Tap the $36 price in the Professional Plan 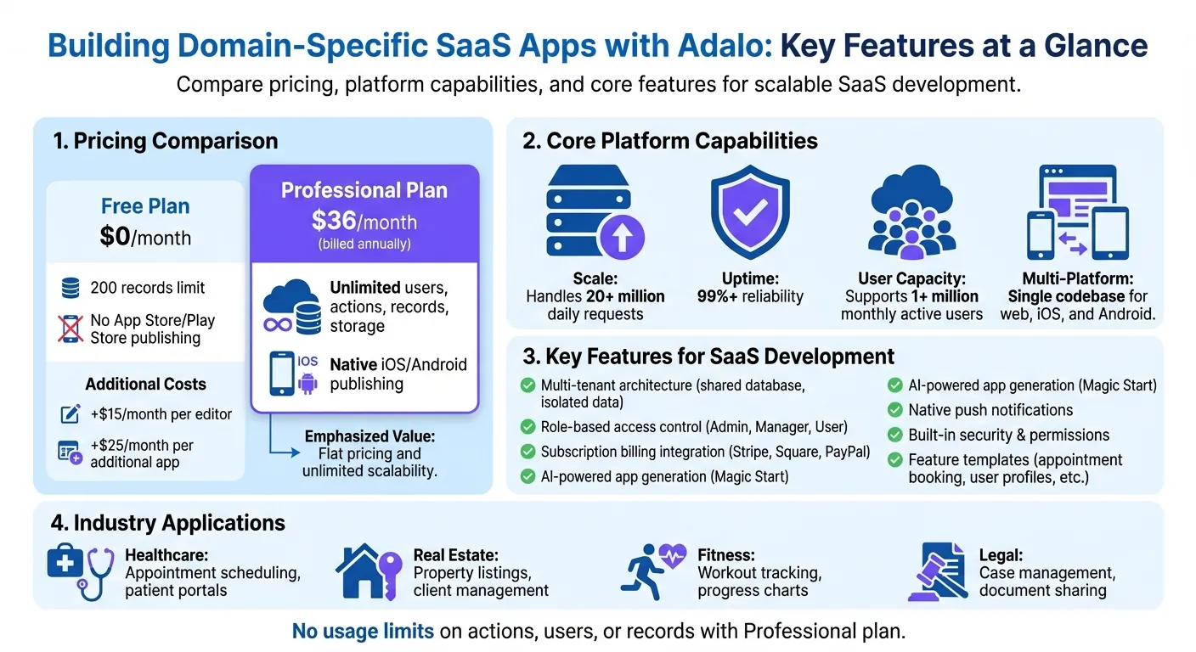pos(333,221)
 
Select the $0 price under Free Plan pos(115,237)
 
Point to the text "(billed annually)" pos(364,244)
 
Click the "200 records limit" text pos(148,288)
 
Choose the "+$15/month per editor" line pos(161,414)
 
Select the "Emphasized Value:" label pos(369,436)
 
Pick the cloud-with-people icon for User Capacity pos(911,215)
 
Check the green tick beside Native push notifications pos(894,410)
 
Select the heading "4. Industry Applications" pos(169,522)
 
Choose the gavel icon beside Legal pos(936,571)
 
